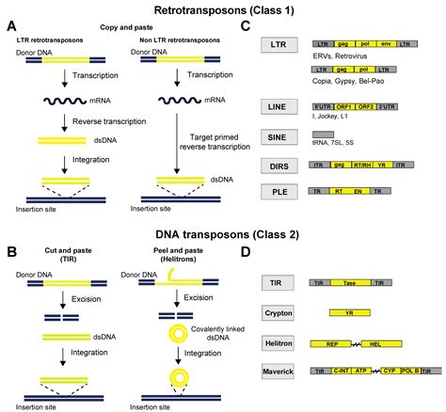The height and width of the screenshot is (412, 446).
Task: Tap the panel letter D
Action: point(247,251)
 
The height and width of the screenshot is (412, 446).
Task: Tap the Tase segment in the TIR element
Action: point(350,281)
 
